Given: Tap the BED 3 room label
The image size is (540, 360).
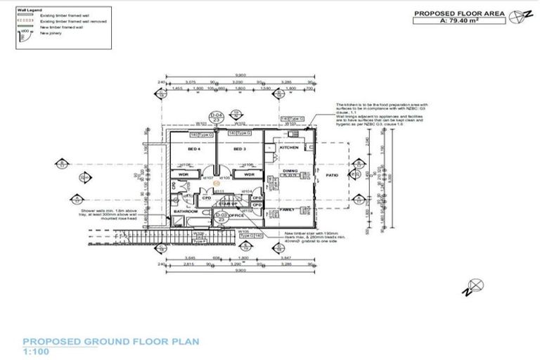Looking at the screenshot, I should tap(240, 150).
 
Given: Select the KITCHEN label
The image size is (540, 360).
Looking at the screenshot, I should tap(290, 148).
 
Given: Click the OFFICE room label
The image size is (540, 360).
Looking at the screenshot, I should tap(236, 215).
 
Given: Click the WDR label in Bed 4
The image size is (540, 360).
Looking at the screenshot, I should tap(183, 174).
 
